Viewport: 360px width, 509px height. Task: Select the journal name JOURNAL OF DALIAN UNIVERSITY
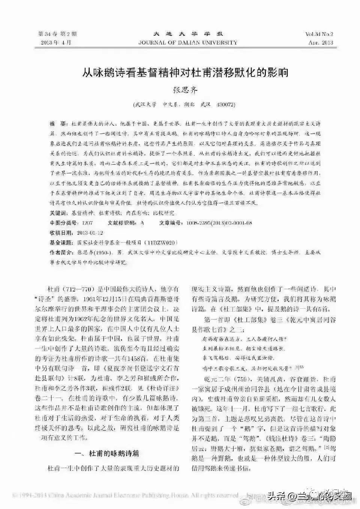tap(187, 42)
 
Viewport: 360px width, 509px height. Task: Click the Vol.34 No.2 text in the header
tap(319, 35)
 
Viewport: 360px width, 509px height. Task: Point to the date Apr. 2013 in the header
tap(321, 42)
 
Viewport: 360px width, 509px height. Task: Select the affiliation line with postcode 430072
tap(184, 105)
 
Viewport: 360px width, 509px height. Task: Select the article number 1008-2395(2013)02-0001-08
tap(216, 223)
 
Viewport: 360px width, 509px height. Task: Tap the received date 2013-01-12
tap(90, 233)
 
